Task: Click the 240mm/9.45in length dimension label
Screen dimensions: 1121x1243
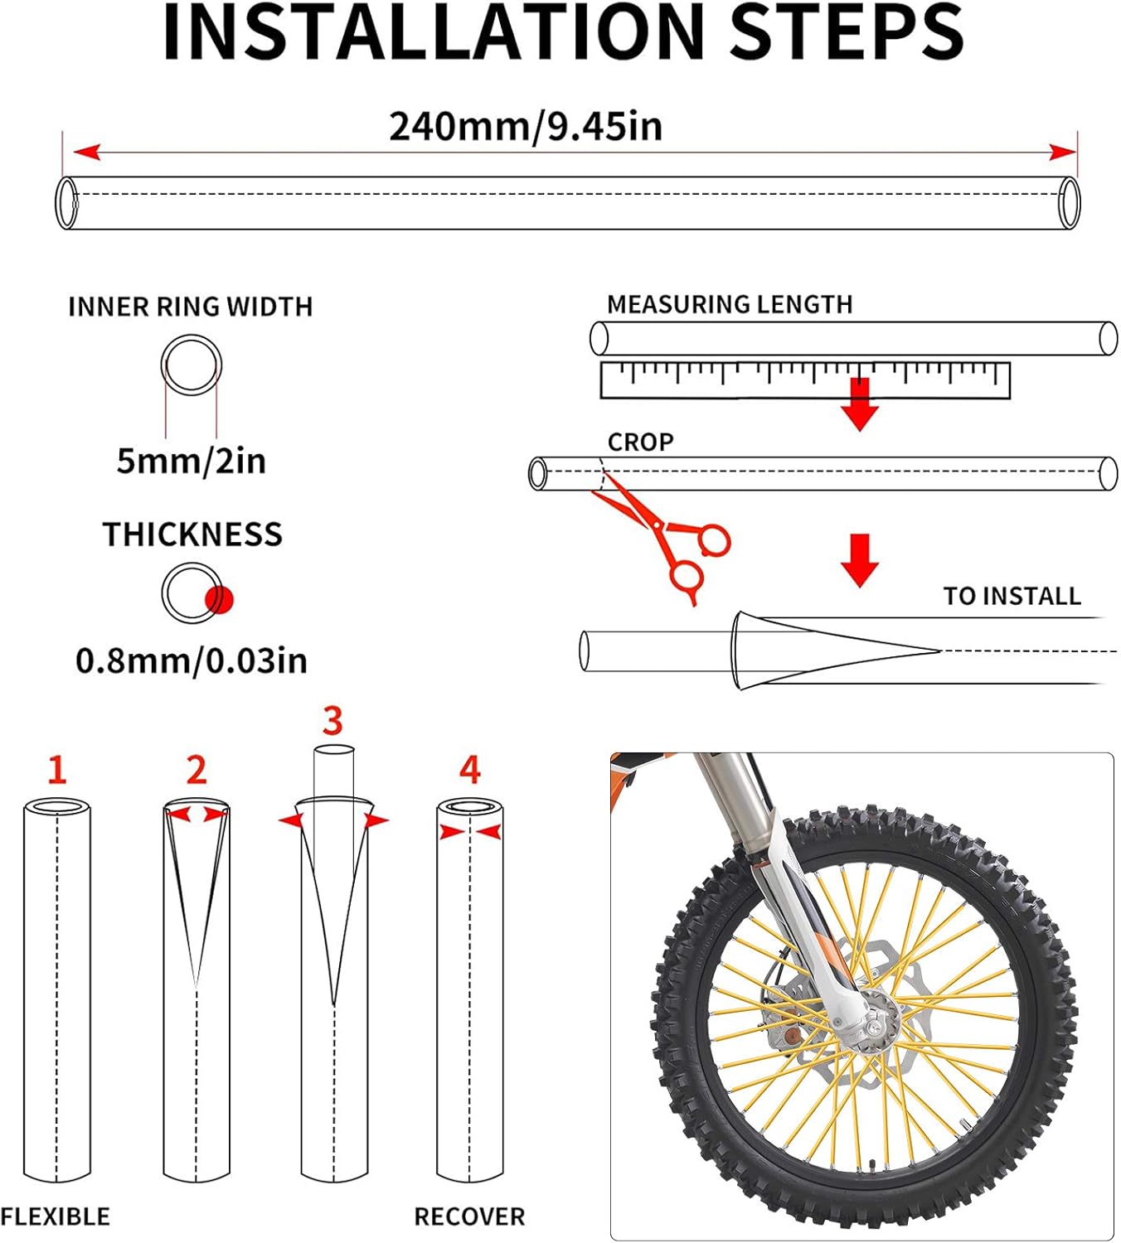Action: point(526,127)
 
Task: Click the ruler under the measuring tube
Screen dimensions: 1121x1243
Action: point(804,380)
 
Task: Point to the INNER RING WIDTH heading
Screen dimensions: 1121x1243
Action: point(190,307)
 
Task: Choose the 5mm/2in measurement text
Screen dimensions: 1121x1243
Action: point(191,461)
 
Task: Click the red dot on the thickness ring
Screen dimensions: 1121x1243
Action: point(220,599)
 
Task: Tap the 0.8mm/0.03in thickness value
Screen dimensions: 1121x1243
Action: point(191,660)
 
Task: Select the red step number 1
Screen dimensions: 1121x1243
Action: point(56,770)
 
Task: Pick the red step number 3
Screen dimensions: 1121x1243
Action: point(332,721)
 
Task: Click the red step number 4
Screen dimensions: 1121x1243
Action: point(469,770)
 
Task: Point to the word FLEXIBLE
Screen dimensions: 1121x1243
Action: point(55,1216)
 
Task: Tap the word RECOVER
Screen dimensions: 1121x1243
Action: point(469,1216)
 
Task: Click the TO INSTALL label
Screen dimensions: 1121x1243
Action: point(1012,596)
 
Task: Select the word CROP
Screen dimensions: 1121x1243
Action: point(640,442)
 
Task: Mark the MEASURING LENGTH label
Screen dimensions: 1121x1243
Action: point(730,304)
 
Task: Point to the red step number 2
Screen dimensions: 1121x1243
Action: point(196,770)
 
